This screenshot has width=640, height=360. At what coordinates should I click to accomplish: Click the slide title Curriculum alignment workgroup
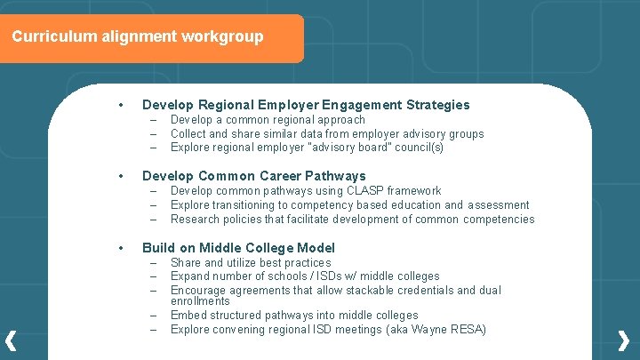[138, 37]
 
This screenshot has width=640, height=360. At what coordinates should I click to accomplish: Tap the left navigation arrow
[12, 340]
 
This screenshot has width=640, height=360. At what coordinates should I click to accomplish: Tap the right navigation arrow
[624, 340]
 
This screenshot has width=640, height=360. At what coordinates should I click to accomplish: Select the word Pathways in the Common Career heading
[334, 176]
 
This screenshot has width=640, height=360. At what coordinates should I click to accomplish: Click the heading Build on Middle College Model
[238, 248]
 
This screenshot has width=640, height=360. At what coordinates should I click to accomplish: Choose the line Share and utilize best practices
[250, 263]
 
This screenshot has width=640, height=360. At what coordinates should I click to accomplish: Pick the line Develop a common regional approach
[268, 120]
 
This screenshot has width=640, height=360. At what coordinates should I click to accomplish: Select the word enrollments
[200, 301]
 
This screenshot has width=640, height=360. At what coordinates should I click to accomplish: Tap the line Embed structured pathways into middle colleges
[294, 316]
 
